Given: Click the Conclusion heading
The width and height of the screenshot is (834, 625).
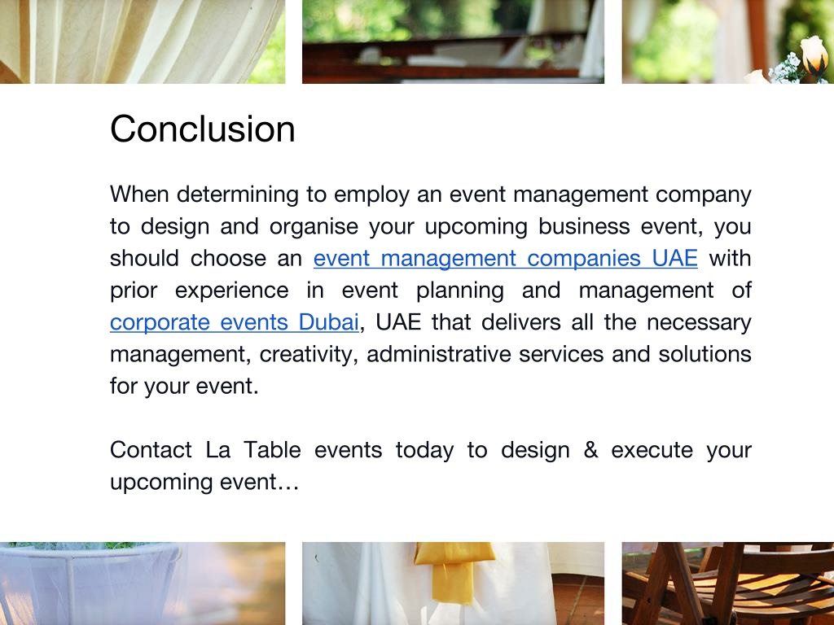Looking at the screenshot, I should click(202, 129).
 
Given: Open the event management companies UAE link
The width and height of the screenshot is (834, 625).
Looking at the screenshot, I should click(505, 259).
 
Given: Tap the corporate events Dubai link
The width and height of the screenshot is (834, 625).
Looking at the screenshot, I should click(234, 322).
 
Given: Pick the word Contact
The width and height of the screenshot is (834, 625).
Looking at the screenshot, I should click(151, 450).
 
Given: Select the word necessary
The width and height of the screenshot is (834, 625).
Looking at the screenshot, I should click(699, 322).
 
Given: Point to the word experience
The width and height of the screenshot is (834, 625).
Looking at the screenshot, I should click(231, 291).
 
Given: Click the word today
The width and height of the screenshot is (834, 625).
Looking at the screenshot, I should click(424, 450).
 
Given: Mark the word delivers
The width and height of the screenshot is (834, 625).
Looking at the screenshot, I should click(521, 322).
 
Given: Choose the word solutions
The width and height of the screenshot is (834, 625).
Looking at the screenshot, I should click(705, 355).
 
